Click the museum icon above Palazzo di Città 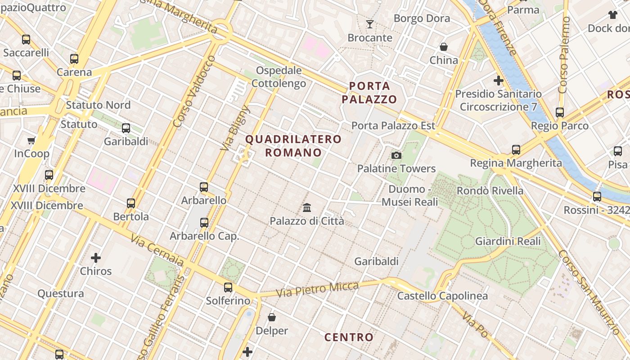point(307,207)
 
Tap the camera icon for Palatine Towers point(396,155)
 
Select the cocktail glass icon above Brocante point(370,24)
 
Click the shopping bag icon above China point(444,47)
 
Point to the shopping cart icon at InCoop point(31,140)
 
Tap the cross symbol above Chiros point(96,258)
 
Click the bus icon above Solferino point(228,287)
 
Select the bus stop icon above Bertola point(131,203)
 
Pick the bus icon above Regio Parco point(560,112)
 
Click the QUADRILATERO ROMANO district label point(293,146)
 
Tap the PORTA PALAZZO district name point(369,92)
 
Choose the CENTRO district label point(349,337)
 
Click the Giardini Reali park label point(508,241)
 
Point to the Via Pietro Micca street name point(317,289)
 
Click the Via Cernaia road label point(157,250)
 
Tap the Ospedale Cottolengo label point(279,77)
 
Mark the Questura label point(61,293)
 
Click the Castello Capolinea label point(442,296)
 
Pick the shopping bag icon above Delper point(272,317)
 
